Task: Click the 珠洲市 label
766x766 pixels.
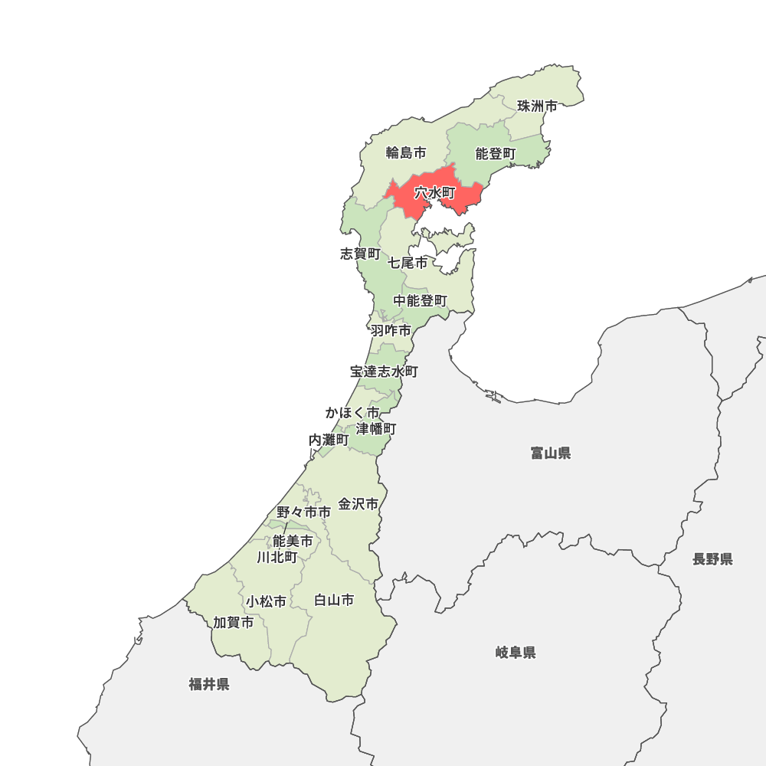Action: point(537,106)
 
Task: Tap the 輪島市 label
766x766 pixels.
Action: point(405,153)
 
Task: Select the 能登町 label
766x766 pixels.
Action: point(496,154)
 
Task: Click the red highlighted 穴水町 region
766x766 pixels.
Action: point(435,193)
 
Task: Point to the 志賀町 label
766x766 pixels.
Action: point(359,254)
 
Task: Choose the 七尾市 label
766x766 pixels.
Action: point(407,263)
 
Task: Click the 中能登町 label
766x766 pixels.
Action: point(420,301)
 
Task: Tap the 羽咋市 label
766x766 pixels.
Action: point(390,331)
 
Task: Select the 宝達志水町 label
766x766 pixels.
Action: point(384,372)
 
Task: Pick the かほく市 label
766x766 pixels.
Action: point(352,413)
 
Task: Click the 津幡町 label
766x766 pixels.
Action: point(375,428)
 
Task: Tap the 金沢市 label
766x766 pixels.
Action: point(358,504)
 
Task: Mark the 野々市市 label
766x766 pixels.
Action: point(303,512)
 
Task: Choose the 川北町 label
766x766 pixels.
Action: point(277,557)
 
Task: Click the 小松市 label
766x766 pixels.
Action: point(266,602)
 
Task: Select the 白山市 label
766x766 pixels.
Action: point(334,601)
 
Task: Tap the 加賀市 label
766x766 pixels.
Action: point(233,623)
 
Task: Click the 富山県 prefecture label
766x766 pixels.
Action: point(550,453)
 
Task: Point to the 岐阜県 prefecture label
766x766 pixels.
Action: point(515,653)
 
